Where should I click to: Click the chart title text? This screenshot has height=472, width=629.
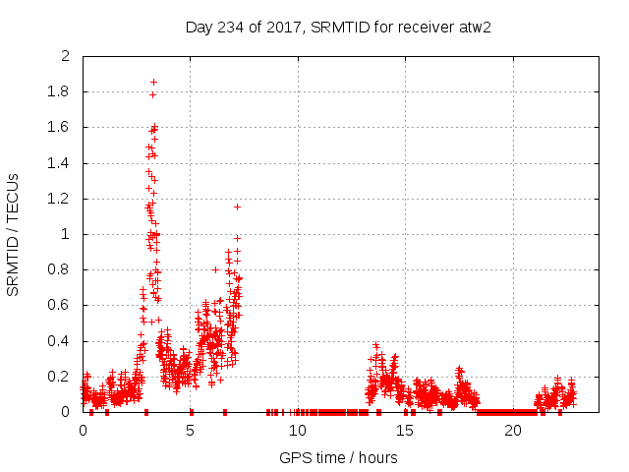[338, 27]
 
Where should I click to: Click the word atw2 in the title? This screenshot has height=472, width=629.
[473, 27]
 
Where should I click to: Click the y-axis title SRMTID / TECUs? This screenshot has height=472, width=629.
[14, 234]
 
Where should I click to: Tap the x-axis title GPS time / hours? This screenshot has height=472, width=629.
[338, 457]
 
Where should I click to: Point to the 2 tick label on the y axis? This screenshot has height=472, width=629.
[65, 56]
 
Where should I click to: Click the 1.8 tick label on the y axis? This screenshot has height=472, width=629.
[60, 91]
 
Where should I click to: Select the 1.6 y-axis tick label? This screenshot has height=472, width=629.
[60, 127]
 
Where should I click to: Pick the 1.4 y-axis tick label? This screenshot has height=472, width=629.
[60, 163]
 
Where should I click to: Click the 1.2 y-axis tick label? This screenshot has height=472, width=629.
[60, 199]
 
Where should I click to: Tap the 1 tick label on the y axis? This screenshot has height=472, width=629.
[65, 234]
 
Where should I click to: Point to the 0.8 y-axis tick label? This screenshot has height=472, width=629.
[60, 269]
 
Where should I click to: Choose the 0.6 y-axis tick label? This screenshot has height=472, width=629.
[60, 305]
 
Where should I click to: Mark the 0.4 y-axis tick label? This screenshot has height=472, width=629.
[60, 341]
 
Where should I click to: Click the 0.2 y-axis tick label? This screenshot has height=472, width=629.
[60, 377]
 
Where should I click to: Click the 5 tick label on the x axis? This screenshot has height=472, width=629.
[191, 431]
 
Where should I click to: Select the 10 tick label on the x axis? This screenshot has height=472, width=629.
[298, 431]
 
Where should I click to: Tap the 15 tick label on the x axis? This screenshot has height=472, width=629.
[405, 431]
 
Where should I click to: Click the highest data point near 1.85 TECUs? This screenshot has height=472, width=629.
[153, 82]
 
